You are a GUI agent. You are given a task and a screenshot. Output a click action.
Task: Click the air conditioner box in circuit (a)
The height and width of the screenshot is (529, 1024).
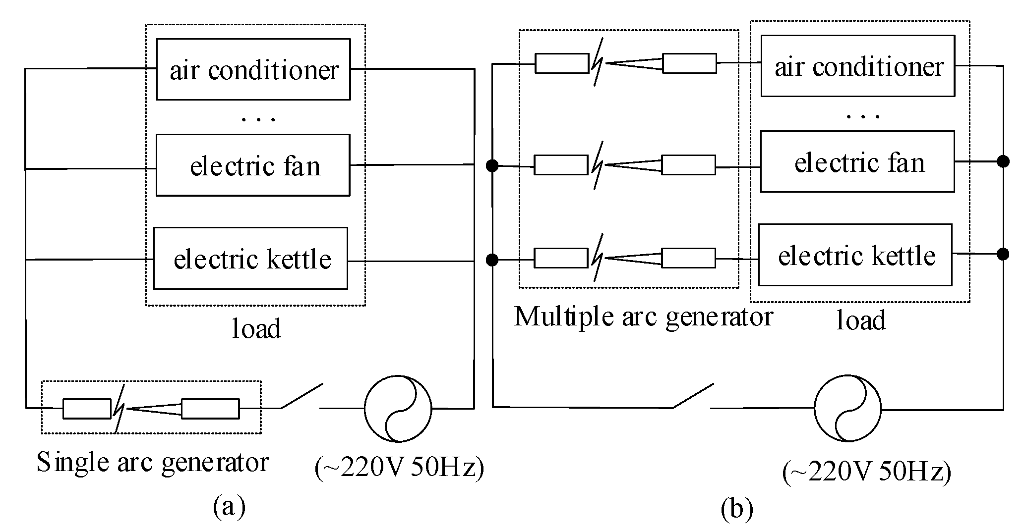[253, 69]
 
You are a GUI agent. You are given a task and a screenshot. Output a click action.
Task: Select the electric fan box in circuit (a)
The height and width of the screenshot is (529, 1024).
[253, 165]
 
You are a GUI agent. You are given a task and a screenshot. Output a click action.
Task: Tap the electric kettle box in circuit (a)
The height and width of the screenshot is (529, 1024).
[250, 258]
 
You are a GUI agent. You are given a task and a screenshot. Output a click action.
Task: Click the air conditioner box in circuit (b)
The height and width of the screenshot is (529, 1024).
[858, 65]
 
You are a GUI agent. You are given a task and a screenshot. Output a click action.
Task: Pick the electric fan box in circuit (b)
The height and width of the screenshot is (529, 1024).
[857, 161]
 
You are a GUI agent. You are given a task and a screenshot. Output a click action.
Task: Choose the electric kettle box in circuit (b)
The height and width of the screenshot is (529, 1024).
[855, 255]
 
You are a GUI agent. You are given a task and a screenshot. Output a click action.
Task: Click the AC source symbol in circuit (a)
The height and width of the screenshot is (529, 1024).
[398, 409]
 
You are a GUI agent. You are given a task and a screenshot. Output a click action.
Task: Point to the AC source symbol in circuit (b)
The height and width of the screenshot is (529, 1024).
[848, 409]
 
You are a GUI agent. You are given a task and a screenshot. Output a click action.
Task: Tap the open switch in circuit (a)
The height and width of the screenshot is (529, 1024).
[302, 396]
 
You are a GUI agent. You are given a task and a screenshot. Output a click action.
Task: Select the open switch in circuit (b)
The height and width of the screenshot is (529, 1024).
[693, 396]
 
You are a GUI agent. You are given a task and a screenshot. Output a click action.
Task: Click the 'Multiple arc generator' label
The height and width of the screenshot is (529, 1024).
[644, 317]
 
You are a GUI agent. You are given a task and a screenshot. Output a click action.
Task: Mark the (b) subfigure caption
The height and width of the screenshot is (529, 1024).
[737, 509]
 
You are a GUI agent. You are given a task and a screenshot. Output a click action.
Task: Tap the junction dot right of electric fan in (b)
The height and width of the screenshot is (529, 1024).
[1003, 161]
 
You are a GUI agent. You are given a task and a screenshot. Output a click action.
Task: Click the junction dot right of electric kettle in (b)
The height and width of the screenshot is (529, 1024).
[1003, 254]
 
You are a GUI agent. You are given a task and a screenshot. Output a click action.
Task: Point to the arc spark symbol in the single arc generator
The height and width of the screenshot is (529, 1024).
[119, 408]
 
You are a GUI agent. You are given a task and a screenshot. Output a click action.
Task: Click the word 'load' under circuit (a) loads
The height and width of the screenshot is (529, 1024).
[256, 329]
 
